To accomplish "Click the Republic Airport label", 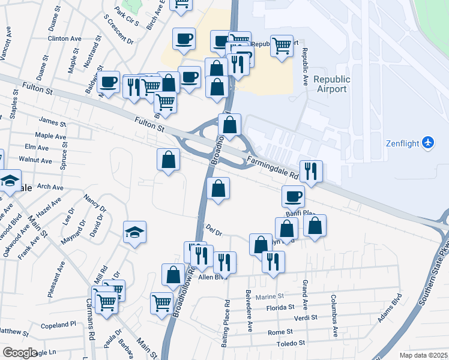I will coord(331,84).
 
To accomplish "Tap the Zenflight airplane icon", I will coord(427,143).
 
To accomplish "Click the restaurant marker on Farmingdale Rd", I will coord(311,170).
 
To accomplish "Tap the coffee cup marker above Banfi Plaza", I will coord(293,196).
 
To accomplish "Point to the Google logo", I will coord(20,353).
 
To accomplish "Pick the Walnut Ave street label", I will coord(35,160).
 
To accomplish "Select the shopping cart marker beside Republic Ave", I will coord(281,45).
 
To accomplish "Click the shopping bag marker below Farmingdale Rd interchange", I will coord(217,188).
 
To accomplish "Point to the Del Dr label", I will coord(214,230).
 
